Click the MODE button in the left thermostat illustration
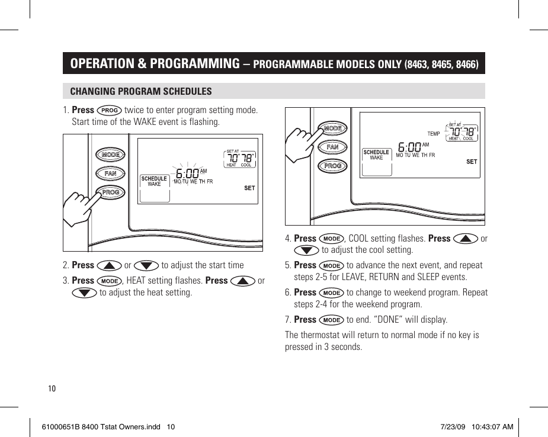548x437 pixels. [x=111, y=155]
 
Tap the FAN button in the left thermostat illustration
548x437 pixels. [x=111, y=173]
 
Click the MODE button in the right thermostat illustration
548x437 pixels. [x=332, y=128]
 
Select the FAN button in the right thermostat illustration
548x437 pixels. [x=332, y=147]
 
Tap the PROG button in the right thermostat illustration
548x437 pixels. [x=332, y=166]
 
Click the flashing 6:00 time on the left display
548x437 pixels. [x=187, y=173]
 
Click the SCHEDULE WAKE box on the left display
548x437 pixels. [x=154, y=181]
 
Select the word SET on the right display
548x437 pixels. [x=472, y=162]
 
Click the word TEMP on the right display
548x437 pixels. [x=434, y=134]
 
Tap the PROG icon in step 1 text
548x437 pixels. [x=110, y=110]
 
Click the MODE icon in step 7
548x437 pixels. [x=331, y=320]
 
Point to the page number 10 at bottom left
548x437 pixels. [x=52, y=388]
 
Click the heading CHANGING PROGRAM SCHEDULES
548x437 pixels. [x=141, y=91]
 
